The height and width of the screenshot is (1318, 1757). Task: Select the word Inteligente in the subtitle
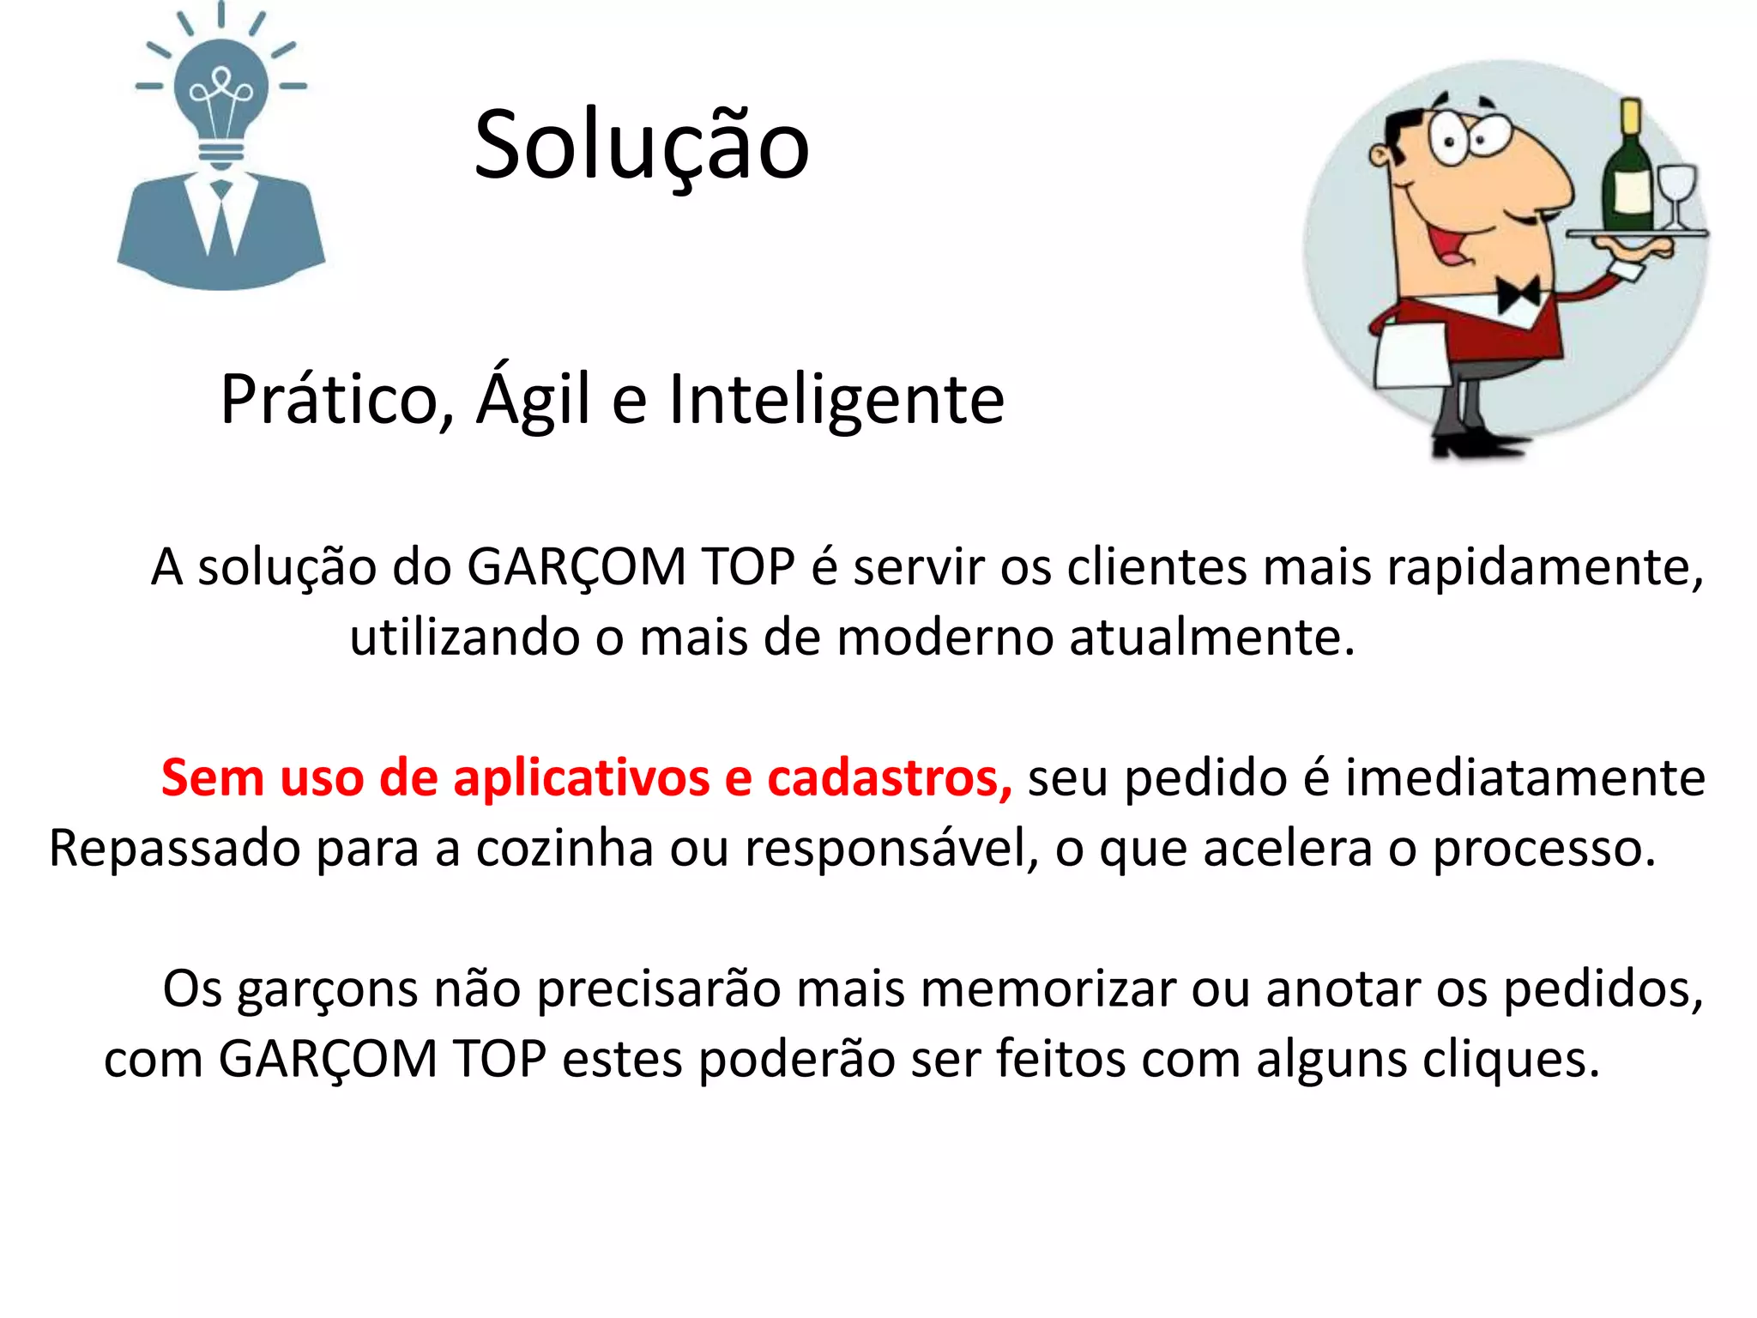coord(836,400)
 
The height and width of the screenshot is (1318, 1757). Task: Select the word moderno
coord(945,638)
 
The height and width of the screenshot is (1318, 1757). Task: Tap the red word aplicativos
coord(581,778)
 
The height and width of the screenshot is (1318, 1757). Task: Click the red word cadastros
coord(889,778)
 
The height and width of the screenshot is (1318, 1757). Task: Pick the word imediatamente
coord(1525,778)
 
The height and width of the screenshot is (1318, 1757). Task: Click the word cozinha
coord(565,849)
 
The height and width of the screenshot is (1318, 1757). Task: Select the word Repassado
coord(175,849)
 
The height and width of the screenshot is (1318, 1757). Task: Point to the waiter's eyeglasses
coord(1467,137)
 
